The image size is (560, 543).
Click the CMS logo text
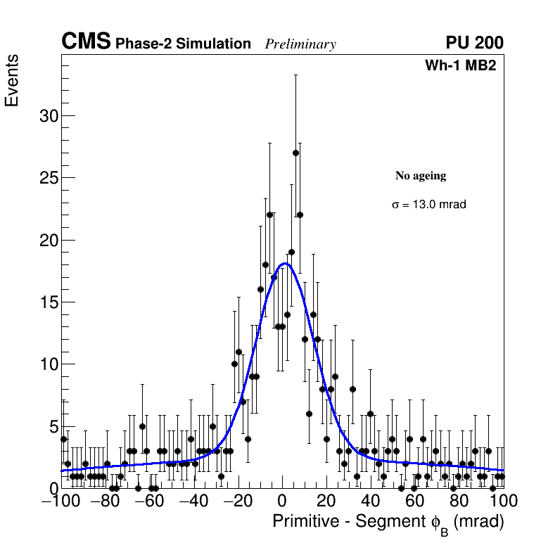tap(86, 42)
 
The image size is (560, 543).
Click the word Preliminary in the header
tap(300, 44)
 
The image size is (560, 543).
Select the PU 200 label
tap(474, 43)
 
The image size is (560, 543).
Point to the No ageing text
tap(421, 176)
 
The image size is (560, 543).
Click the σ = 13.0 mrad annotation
tap(429, 205)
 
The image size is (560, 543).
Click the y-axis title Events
tap(12, 80)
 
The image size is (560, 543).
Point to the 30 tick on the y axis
tap(48, 116)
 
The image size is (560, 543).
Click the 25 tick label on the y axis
tap(48, 178)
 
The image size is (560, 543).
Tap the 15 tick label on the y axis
tap(48, 302)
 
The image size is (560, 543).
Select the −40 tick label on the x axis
tap(193, 501)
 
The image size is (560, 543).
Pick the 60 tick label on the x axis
tap(415, 501)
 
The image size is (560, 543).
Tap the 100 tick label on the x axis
tap(503, 501)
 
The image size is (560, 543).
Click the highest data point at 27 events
tap(295, 153)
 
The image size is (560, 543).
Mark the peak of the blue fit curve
tap(284, 264)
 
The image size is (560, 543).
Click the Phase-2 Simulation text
tap(183, 44)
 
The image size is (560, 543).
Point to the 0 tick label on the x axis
tap(282, 501)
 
